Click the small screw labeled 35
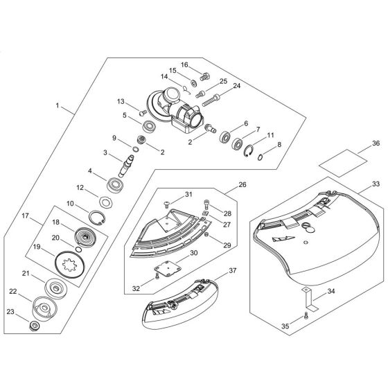(306, 316)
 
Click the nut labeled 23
(33, 326)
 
